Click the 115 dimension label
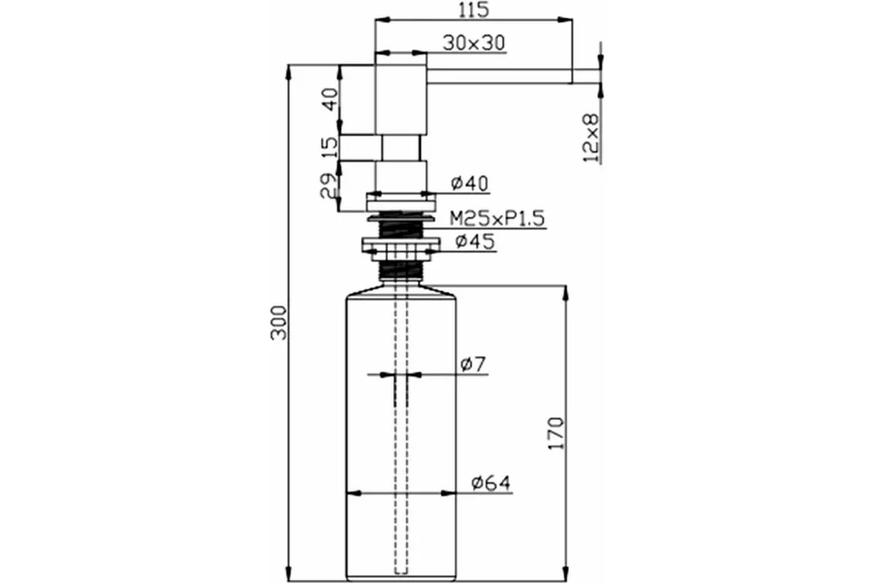(473, 9)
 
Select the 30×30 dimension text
(474, 43)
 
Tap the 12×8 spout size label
(591, 138)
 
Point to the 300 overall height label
(279, 323)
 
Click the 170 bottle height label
(556, 434)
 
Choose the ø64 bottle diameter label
(491, 483)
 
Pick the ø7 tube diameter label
(473, 364)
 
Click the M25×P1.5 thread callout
(497, 219)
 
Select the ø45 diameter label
(475, 241)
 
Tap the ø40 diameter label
(470, 184)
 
